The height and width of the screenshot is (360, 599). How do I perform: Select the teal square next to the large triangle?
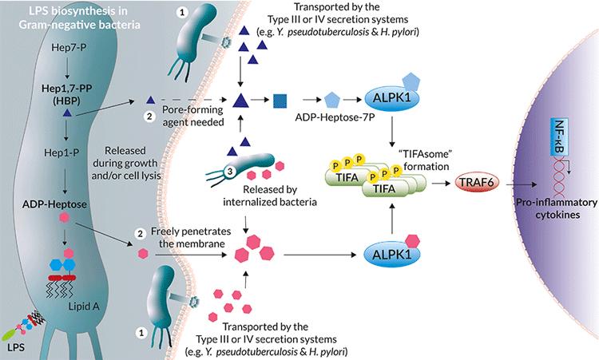pos(280,100)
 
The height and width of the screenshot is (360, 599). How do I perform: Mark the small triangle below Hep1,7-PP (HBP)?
pos(67,117)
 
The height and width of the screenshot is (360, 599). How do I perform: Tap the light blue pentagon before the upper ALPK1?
pos(332,100)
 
